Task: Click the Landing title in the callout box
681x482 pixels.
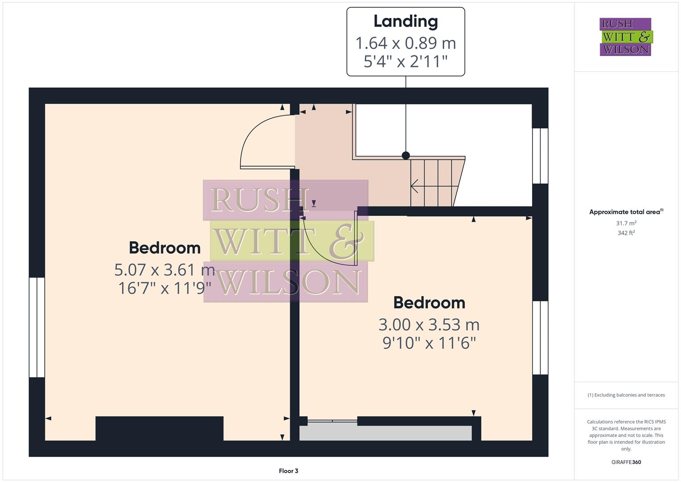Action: pos(405,21)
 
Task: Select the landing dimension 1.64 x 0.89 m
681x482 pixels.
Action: pos(405,43)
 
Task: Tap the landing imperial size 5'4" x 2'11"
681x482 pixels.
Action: pos(405,61)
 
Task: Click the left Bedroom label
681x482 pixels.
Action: pos(165,248)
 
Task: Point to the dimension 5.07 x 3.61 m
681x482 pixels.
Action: pos(165,270)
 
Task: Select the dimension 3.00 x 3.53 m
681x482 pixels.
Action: pos(429,324)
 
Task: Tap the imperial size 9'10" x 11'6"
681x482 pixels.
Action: pos(429,343)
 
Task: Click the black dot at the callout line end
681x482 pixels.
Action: pos(405,155)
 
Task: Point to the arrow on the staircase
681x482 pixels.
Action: pos(415,186)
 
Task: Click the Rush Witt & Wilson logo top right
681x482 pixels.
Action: pos(625,37)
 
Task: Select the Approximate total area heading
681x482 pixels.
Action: pos(626,212)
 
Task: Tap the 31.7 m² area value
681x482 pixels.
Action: pos(626,223)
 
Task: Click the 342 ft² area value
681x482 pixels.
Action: pos(626,233)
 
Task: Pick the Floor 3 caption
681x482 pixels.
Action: pos(288,471)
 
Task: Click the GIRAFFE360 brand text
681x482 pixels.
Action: pos(626,462)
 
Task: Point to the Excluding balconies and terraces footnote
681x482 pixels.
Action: pos(626,395)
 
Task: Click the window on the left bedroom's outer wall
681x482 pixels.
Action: pos(37,327)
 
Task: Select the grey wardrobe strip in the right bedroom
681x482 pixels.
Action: pos(385,433)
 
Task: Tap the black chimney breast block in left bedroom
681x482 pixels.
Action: pos(159,428)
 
